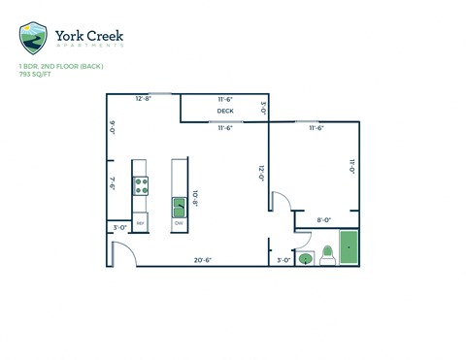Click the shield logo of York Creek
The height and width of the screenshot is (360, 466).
point(33,38)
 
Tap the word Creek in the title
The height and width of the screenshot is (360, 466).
point(101,36)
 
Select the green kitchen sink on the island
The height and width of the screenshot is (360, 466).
point(180,207)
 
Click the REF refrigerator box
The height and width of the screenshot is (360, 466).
point(141,224)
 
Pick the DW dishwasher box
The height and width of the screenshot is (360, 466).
point(180,224)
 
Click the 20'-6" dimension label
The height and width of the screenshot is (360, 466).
point(202,260)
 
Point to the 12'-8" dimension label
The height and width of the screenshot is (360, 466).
point(144,99)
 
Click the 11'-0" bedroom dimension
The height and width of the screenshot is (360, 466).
point(351,166)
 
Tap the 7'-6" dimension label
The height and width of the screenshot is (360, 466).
point(113,183)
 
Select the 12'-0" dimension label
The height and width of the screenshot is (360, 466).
point(261,173)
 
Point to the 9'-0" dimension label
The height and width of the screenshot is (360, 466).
point(113,126)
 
